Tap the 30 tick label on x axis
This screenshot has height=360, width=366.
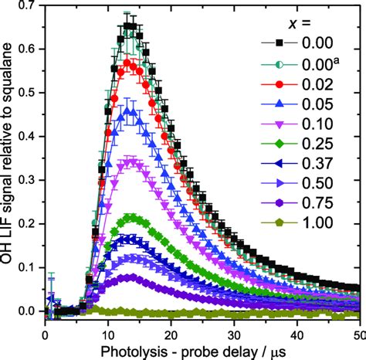pyautogui.click(x=234, y=328)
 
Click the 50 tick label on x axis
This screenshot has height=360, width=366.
pyautogui.click(x=357, y=328)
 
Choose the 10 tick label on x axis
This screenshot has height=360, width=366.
pyautogui.click(x=108, y=328)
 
